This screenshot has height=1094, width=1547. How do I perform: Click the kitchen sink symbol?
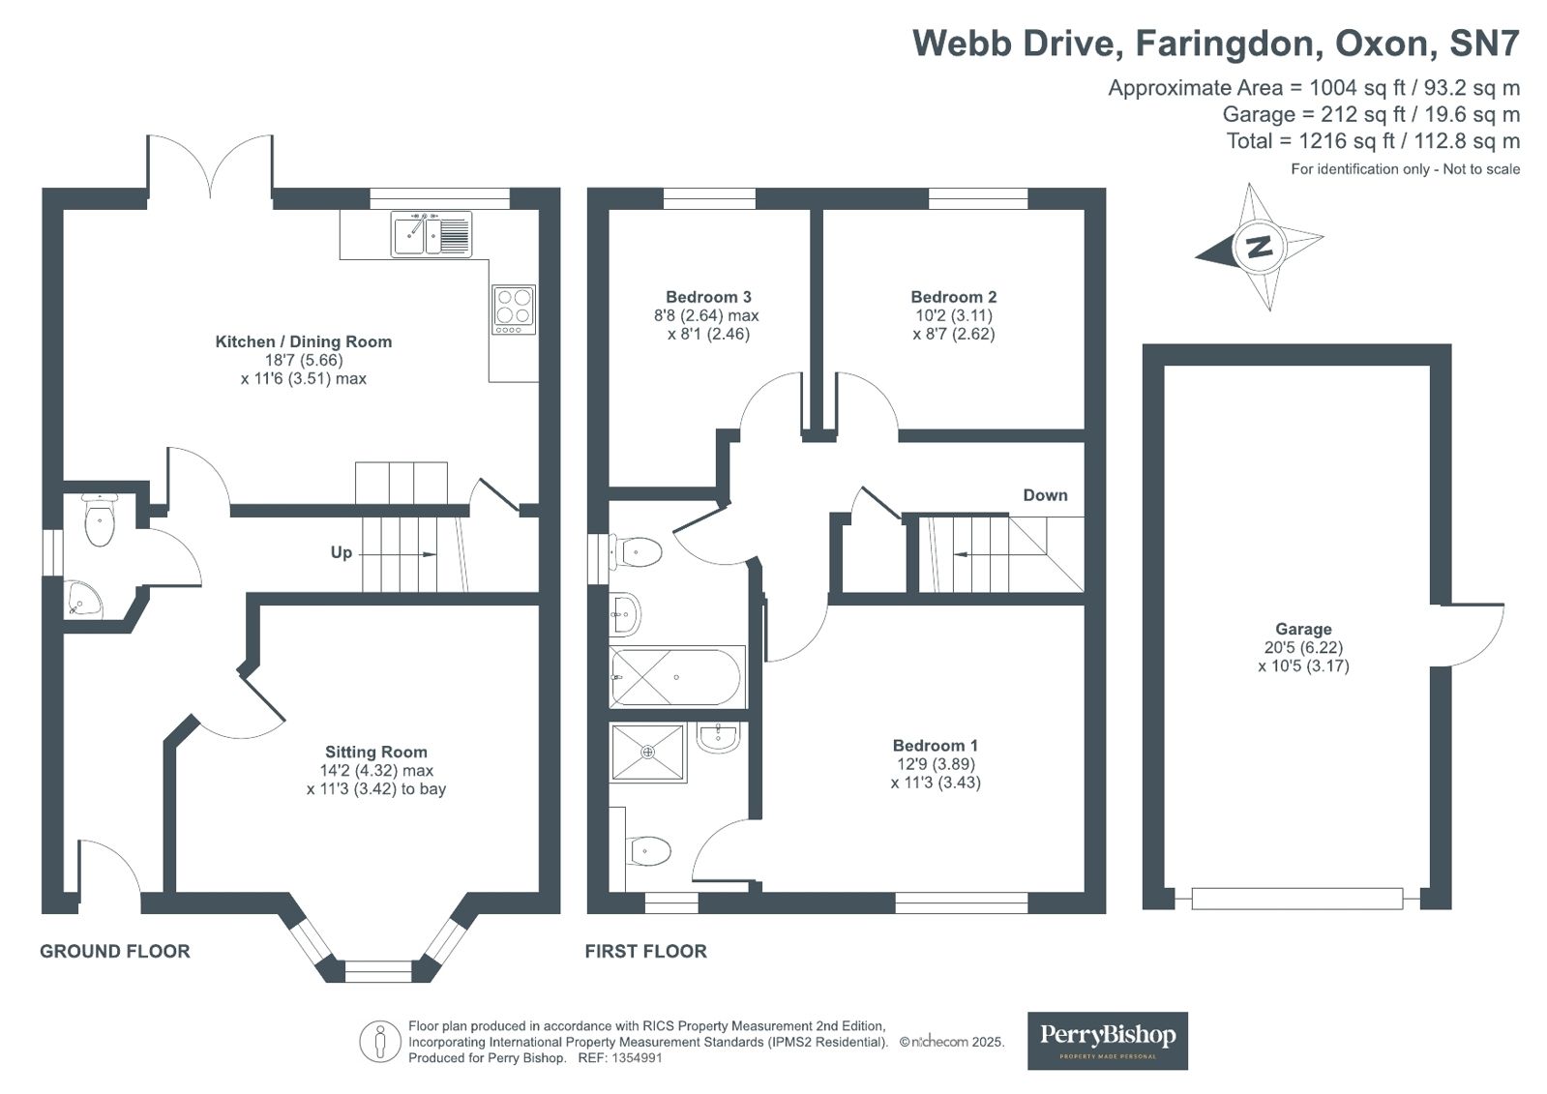pyautogui.click(x=431, y=234)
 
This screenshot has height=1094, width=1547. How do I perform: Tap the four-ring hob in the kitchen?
pyautogui.click(x=513, y=308)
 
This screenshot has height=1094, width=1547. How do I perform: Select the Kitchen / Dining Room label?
pyautogui.click(x=303, y=341)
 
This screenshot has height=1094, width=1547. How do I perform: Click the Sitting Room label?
pyautogui.click(x=375, y=752)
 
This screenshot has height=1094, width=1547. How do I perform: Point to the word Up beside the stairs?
pyautogui.click(x=341, y=552)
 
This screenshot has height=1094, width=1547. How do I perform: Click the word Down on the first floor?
pyautogui.click(x=1045, y=495)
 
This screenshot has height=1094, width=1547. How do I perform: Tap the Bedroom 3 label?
pyautogui.click(x=708, y=297)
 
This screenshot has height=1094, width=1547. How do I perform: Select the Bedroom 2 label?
pyautogui.click(x=953, y=297)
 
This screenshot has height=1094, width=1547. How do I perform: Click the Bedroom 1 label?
pyautogui.click(x=935, y=745)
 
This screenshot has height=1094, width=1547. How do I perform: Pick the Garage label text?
pyautogui.click(x=1302, y=629)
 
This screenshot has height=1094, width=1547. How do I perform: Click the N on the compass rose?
pyautogui.click(x=1259, y=247)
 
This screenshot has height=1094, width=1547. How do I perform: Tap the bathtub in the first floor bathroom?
pyautogui.click(x=676, y=676)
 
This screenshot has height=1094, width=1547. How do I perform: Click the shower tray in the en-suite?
pyautogui.click(x=648, y=752)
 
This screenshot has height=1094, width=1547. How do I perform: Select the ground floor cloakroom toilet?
pyautogui.click(x=100, y=522)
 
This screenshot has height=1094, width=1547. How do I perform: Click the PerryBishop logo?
pyautogui.click(x=1107, y=1040)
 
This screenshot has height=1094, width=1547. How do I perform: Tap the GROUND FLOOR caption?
pyautogui.click(x=114, y=951)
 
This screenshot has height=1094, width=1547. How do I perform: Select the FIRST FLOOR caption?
pyautogui.click(x=645, y=951)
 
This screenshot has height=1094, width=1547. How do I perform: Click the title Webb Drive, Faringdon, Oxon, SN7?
pyautogui.click(x=1215, y=44)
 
